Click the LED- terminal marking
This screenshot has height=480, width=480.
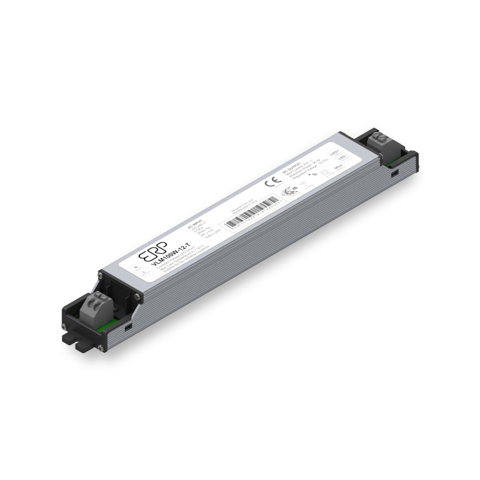(342, 158)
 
